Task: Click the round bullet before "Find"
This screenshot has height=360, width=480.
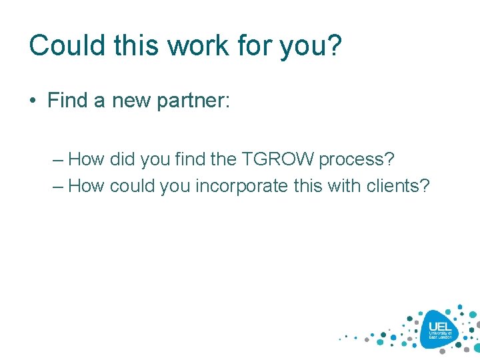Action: [x=33, y=101]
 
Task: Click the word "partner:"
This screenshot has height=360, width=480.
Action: [x=193, y=102]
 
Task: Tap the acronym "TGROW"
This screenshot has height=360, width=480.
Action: [x=280, y=159]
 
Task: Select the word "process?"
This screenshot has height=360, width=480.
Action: [x=357, y=161]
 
